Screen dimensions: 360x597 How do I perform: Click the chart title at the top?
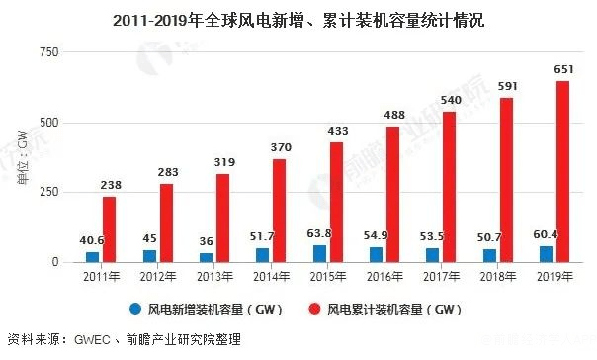pyautogui.click(x=298, y=20)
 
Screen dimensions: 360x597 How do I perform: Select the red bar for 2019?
pyautogui.click(x=562, y=172)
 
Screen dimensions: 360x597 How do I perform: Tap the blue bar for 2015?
pyautogui.click(x=320, y=253)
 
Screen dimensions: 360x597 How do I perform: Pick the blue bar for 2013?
pyautogui.click(x=206, y=257)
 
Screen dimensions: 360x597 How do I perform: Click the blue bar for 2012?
pyautogui.click(x=148, y=255)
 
